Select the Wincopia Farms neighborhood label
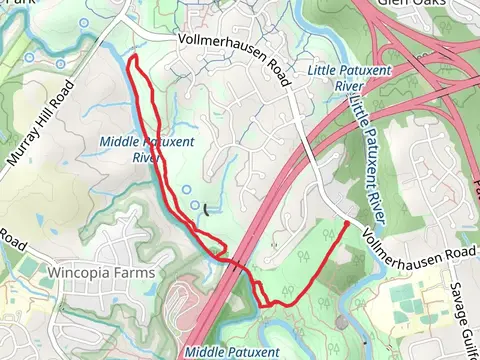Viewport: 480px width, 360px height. pyautogui.click(x=102, y=272)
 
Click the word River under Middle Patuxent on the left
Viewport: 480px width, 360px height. pyautogui.click(x=147, y=157)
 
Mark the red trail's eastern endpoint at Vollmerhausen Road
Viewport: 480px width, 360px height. pyautogui.click(x=348, y=224)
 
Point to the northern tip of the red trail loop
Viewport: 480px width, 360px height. pyautogui.click(x=131, y=60)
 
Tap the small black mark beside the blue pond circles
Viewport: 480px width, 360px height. pyautogui.click(x=206, y=210)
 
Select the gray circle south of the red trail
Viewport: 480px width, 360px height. pyautogui.click(x=343, y=322)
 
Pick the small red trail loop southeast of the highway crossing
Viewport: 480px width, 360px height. pyautogui.click(x=260, y=294)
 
